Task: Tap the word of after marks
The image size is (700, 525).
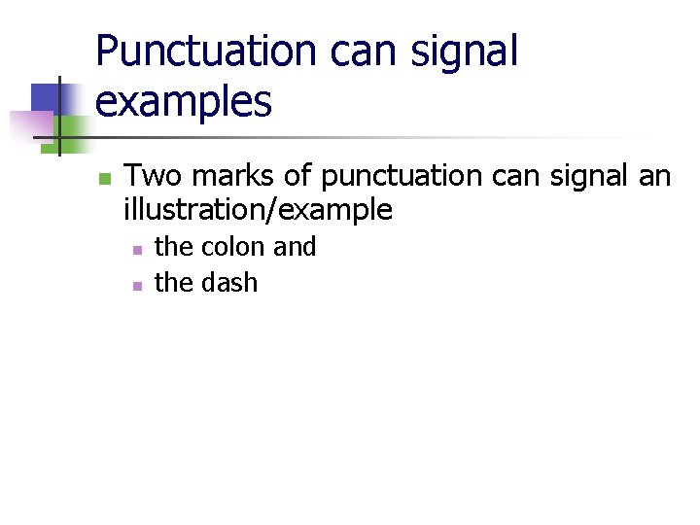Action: pos(297,177)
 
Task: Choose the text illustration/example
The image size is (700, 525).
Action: pos(258,210)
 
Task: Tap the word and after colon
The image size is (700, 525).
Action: pos(295,247)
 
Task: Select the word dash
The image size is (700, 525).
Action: pos(228,283)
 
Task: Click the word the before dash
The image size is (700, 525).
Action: pos(174,283)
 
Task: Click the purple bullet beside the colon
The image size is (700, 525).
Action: pos(137,250)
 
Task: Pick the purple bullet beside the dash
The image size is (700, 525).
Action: pos(137,286)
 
